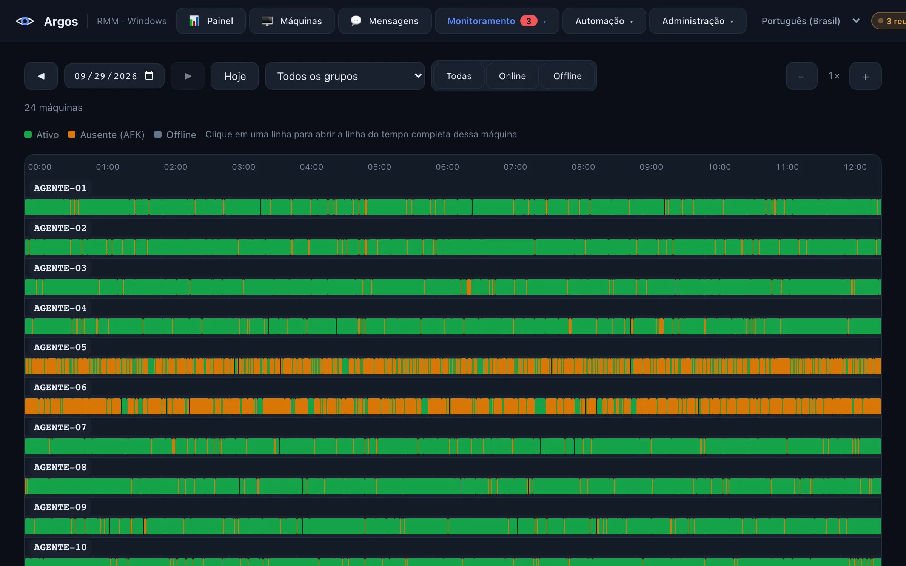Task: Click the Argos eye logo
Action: click(25, 21)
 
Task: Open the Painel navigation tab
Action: click(211, 21)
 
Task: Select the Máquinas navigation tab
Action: click(292, 21)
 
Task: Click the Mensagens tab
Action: click(385, 21)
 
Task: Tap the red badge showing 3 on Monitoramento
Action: click(528, 21)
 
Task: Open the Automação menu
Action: click(604, 21)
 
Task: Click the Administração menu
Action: click(698, 21)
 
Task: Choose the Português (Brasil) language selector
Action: click(810, 21)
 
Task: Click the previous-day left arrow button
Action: click(41, 76)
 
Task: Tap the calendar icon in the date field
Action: click(149, 76)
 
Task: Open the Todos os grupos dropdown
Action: click(345, 76)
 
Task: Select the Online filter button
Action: click(512, 76)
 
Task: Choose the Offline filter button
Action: click(567, 76)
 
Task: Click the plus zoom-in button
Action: click(866, 76)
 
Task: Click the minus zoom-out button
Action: click(802, 76)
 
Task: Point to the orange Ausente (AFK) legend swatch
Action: click(72, 134)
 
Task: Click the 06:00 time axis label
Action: click(447, 167)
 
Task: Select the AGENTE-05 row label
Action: click(60, 347)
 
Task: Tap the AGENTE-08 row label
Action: click(60, 467)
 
